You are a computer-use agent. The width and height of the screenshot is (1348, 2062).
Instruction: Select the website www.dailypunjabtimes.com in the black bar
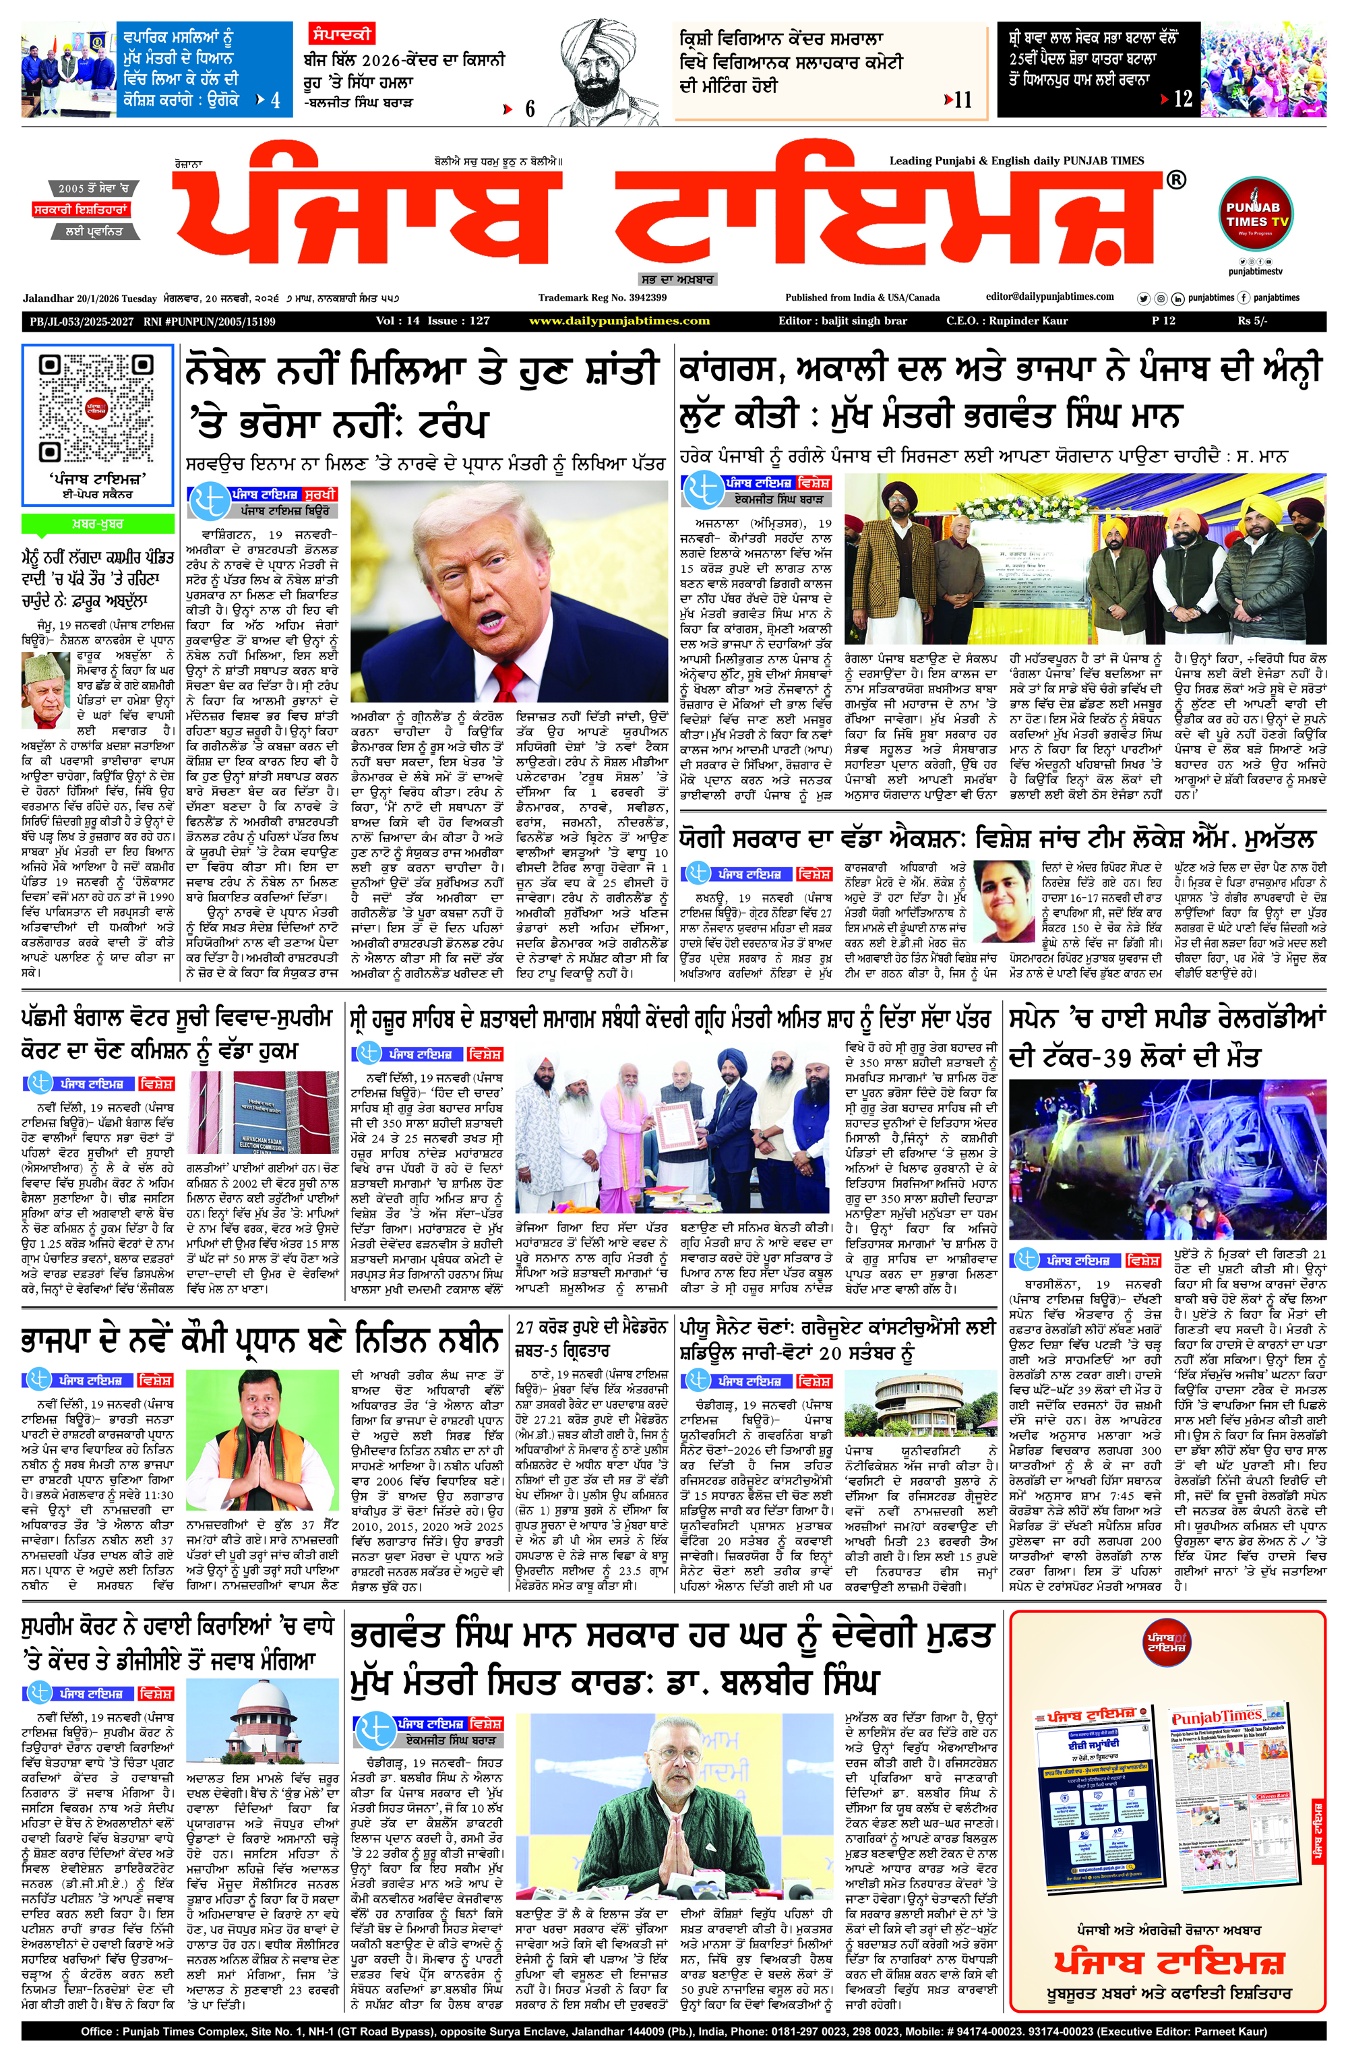[x=619, y=322]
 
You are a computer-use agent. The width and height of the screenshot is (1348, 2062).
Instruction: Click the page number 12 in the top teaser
[x=1182, y=99]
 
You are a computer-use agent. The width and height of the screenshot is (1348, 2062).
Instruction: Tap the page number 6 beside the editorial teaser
[x=529, y=109]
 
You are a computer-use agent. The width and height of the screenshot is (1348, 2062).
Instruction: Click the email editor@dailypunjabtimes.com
[x=1050, y=297]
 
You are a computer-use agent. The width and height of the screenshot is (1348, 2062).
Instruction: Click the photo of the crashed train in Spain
[x=1167, y=1159]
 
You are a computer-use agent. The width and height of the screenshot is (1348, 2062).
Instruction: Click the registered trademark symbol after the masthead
[x=1175, y=180]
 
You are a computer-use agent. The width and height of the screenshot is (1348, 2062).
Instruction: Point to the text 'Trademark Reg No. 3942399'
[x=601, y=297]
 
